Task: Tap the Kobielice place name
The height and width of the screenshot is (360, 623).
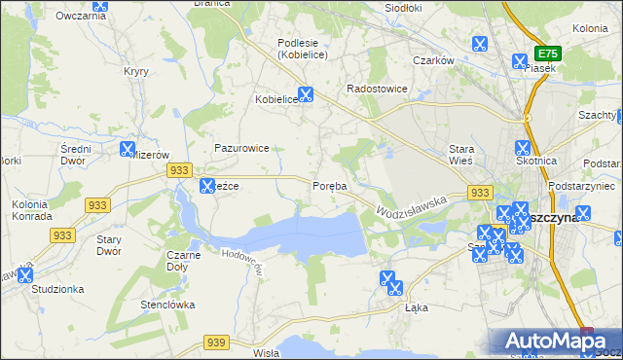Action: [x=275, y=99]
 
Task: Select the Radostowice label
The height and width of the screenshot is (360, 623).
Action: [x=378, y=89]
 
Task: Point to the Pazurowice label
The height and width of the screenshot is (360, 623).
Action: [x=241, y=149]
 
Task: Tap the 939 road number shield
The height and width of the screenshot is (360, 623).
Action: [x=216, y=342]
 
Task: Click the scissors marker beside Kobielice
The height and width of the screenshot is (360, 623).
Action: [x=306, y=95]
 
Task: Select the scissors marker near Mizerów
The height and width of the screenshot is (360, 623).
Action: [x=127, y=150]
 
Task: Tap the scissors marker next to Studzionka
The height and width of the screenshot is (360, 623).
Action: [x=24, y=276]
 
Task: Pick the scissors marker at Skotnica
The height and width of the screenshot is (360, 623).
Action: [x=522, y=149]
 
